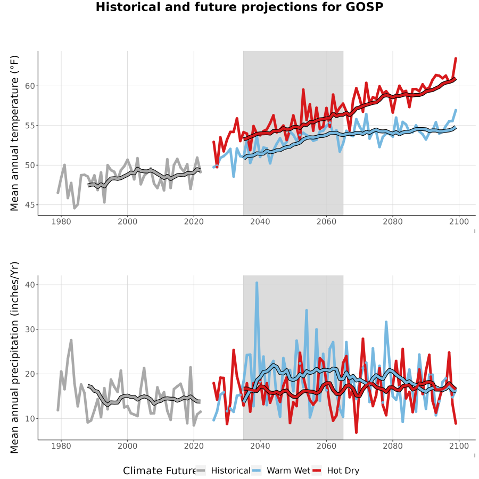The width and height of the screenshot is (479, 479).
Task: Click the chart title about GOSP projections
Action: click(x=240, y=7)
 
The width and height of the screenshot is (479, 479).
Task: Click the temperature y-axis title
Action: click(x=14, y=133)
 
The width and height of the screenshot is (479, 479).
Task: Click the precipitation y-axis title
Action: click(x=14, y=358)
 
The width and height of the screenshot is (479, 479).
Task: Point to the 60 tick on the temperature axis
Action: click(x=30, y=86)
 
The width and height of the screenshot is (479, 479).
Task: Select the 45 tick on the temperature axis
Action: click(x=30, y=205)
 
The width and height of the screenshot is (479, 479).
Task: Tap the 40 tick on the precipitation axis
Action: click(x=30, y=285)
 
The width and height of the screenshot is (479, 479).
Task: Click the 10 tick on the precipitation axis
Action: click(x=30, y=418)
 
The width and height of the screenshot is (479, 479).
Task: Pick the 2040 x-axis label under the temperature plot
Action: click(x=260, y=222)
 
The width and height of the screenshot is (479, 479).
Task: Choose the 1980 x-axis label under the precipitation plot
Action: click(x=61, y=446)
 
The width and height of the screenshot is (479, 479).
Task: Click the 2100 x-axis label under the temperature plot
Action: click(x=459, y=222)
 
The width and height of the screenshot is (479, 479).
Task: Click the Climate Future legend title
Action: click(x=160, y=471)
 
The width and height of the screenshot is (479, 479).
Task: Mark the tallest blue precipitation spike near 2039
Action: click(x=257, y=283)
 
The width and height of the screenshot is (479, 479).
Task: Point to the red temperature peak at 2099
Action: click(x=456, y=58)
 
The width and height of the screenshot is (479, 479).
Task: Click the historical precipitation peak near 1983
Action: click(x=71, y=340)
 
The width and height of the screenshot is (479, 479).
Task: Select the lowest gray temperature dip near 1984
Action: click(x=74, y=208)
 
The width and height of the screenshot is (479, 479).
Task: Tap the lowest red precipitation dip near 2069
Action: click(x=356, y=432)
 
